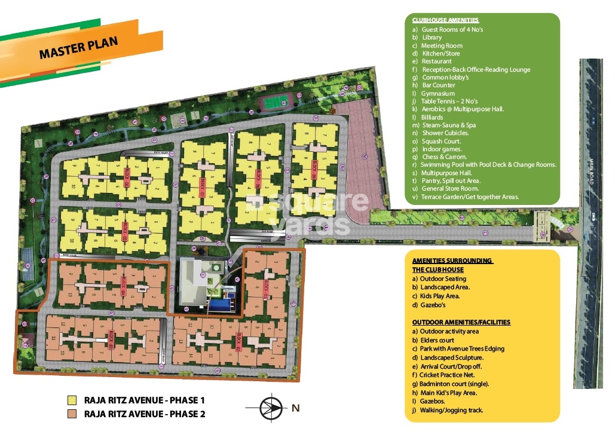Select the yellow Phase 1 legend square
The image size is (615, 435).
[x=72, y=400]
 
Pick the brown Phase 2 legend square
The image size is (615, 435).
[x=72, y=413]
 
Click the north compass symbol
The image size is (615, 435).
[x=271, y=409]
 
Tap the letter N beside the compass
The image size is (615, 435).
[x=295, y=409]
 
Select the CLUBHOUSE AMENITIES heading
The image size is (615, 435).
[x=445, y=20]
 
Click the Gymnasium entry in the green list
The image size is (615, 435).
[x=437, y=93]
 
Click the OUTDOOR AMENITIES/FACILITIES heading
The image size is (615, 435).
[x=461, y=322]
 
